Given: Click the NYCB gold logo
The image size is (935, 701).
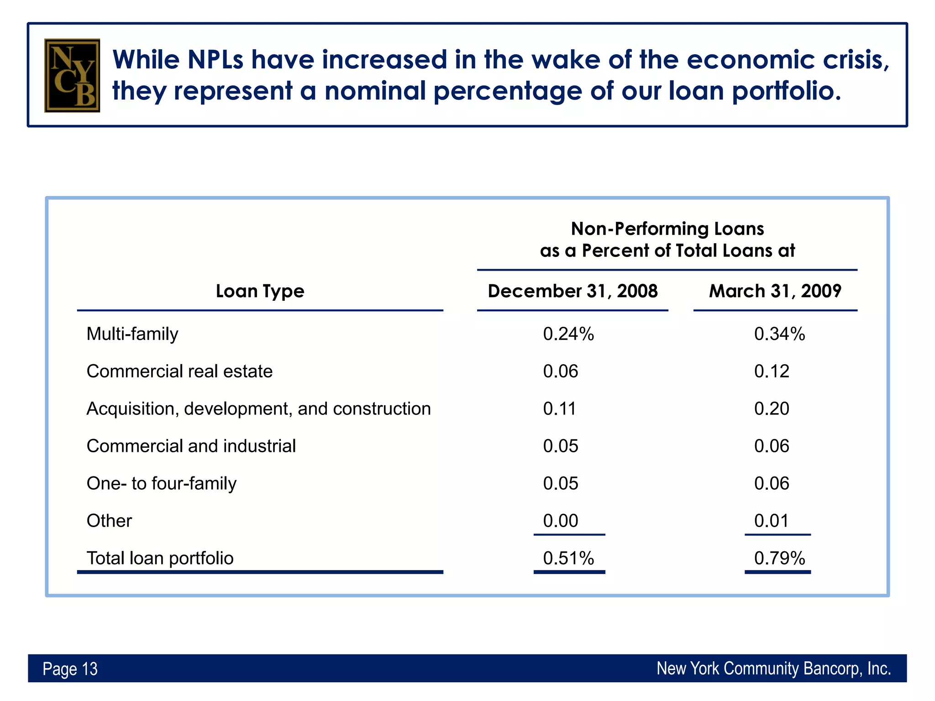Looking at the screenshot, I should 72,75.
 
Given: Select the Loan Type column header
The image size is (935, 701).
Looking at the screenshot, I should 260,291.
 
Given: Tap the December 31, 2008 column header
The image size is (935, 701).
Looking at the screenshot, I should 573,291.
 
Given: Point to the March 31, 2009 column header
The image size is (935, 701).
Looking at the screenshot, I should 775,291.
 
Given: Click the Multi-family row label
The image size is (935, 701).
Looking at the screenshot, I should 132,334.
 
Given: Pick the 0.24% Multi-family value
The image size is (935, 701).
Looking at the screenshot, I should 568,334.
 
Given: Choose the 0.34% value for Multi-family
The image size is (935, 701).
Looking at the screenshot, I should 779,334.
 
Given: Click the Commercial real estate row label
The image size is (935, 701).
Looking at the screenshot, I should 179,371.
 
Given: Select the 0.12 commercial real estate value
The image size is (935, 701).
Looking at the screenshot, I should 772,371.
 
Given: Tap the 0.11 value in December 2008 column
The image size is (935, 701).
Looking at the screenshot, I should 559,409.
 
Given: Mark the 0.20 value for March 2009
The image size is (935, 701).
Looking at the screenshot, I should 772,409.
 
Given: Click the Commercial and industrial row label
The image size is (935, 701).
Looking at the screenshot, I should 191,446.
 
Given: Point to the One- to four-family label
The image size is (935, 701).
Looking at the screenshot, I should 162,484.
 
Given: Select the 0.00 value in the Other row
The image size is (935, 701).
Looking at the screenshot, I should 561,521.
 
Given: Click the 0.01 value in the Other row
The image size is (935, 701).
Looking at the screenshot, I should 772,521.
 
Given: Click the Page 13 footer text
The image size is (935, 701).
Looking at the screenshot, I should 70,669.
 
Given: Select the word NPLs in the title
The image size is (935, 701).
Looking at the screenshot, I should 215,60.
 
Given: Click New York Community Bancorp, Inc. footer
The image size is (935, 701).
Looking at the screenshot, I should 773,669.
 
